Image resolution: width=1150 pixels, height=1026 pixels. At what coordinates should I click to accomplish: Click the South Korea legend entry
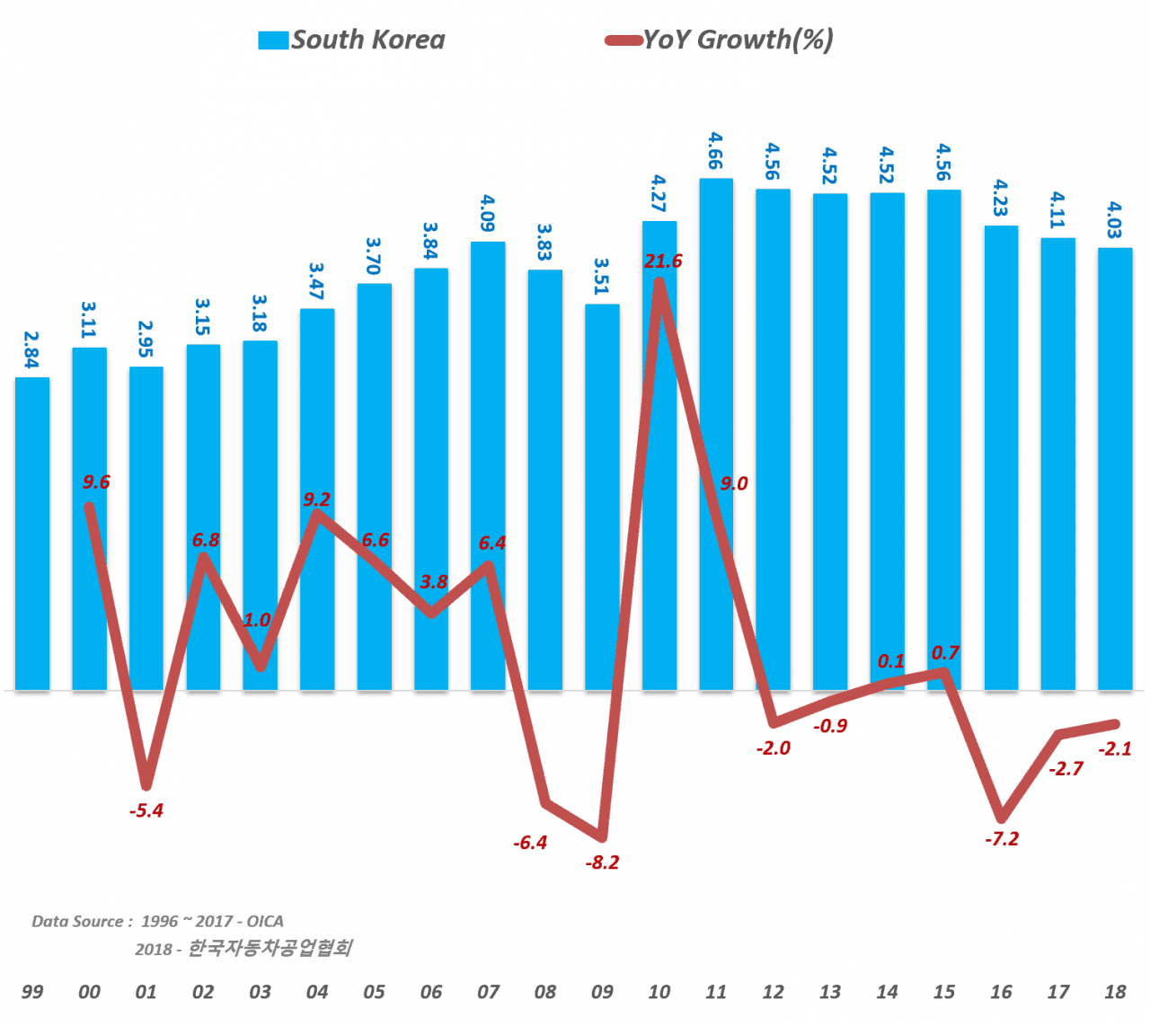[352, 40]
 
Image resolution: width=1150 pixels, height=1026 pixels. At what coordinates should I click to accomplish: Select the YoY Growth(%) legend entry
[720, 40]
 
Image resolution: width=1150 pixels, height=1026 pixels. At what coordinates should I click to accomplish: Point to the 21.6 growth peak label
[663, 261]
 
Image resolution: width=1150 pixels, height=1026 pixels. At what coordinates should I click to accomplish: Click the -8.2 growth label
[602, 862]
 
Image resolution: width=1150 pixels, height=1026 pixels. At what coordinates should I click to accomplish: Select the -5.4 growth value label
[146, 810]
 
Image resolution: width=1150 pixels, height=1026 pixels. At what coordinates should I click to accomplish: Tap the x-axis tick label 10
[659, 992]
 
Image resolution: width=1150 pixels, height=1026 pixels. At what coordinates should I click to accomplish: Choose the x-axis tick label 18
[1115, 992]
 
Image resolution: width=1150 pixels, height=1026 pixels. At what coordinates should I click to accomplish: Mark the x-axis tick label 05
[374, 992]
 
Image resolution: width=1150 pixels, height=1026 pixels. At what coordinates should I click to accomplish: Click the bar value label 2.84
[31, 349]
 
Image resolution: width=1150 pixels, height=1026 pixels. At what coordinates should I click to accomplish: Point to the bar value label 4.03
[1114, 220]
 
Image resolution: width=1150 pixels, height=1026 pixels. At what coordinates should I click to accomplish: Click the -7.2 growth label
[1001, 839]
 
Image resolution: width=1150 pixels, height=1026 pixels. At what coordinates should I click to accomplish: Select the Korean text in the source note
[270, 948]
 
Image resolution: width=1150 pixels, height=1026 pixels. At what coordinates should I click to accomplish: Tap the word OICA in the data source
[265, 921]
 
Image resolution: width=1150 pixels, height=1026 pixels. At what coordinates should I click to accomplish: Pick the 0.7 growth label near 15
[945, 653]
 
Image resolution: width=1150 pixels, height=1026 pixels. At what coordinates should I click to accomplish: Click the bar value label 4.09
[488, 213]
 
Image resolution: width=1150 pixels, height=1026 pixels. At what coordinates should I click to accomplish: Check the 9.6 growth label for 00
[96, 482]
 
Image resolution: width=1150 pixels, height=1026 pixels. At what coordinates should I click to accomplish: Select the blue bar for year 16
[1001, 458]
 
